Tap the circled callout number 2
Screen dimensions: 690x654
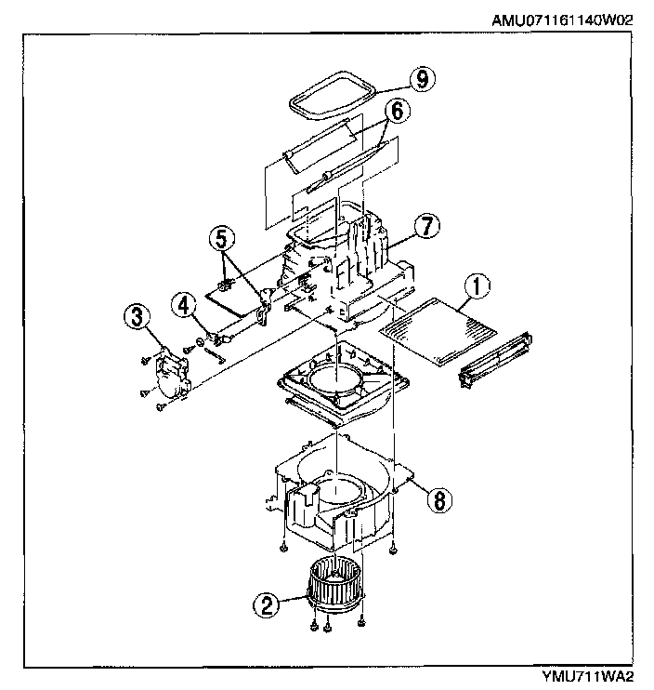[x=267, y=606]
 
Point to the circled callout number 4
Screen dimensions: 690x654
[x=183, y=303]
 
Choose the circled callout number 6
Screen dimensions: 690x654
[x=396, y=111]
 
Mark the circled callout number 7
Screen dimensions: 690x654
[x=427, y=227]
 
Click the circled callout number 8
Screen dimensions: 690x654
[x=440, y=499]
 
